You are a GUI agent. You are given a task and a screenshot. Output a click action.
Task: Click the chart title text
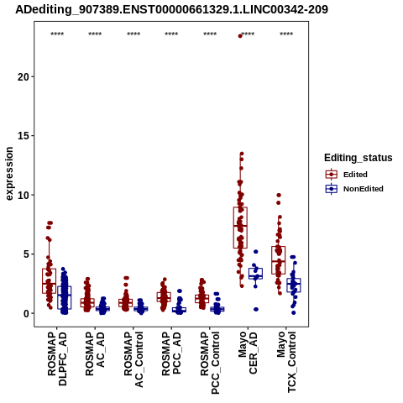[171, 10]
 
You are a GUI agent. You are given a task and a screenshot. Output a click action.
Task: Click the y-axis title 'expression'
[9, 174]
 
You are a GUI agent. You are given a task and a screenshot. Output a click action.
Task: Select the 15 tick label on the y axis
[24, 136]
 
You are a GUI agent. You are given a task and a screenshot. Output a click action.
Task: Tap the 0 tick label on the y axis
[27, 313]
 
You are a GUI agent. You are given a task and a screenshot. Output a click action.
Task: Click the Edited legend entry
[347, 175]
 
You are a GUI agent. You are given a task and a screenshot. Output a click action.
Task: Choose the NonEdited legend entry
[354, 189]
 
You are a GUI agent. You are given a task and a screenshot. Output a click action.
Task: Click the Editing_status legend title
[359, 158]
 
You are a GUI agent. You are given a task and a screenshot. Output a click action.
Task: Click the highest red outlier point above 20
[240, 36]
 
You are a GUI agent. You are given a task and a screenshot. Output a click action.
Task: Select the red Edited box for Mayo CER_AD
[240, 228]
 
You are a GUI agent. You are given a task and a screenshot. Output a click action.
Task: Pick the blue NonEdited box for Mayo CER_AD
[255, 274]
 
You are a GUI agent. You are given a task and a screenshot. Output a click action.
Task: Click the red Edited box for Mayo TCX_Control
[279, 260]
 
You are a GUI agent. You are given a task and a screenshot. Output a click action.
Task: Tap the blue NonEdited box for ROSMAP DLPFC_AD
[65, 297]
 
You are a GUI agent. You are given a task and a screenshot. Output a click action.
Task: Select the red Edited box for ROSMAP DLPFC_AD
[50, 281]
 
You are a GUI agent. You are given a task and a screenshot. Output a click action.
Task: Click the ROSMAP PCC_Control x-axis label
[210, 363]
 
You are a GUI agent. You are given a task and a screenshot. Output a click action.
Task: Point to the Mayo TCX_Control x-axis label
[286, 362]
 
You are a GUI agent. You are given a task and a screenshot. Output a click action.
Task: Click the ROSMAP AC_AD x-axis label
[95, 353]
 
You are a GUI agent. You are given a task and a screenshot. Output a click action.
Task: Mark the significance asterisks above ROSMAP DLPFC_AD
[57, 34]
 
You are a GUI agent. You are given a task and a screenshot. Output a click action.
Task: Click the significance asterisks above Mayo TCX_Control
[286, 34]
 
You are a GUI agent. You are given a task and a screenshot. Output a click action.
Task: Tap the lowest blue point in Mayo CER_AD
[256, 309]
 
